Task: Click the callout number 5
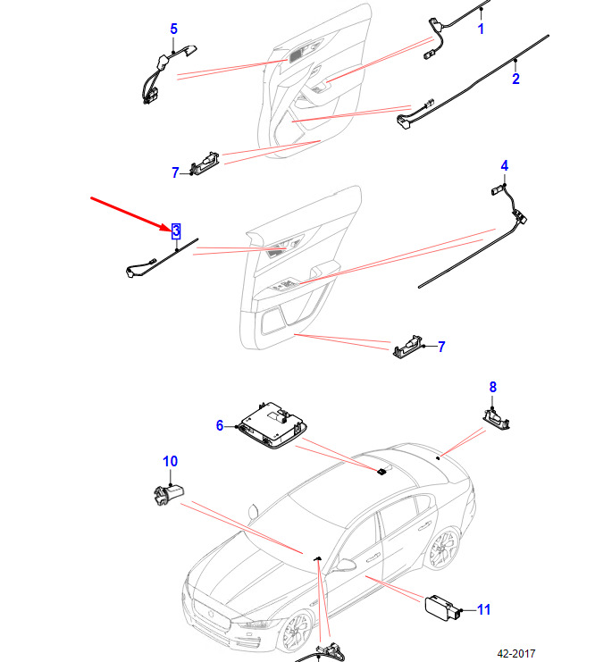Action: pos(173,29)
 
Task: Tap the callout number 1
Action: pos(481,29)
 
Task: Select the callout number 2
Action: pos(515,79)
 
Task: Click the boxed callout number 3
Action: pos(176,230)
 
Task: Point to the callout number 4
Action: pos(504,165)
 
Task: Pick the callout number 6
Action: pos(220,425)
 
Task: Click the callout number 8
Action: pos(493,387)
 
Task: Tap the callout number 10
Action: pos(170,461)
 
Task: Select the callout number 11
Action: pos(483,609)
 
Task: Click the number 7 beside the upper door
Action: pos(176,172)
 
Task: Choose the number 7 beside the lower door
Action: pos(441,347)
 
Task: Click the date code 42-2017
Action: pos(516,654)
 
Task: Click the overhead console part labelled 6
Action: pos(273,424)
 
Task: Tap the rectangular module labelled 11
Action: pos(441,608)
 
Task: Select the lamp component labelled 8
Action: pos(496,418)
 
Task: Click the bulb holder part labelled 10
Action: pos(168,494)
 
